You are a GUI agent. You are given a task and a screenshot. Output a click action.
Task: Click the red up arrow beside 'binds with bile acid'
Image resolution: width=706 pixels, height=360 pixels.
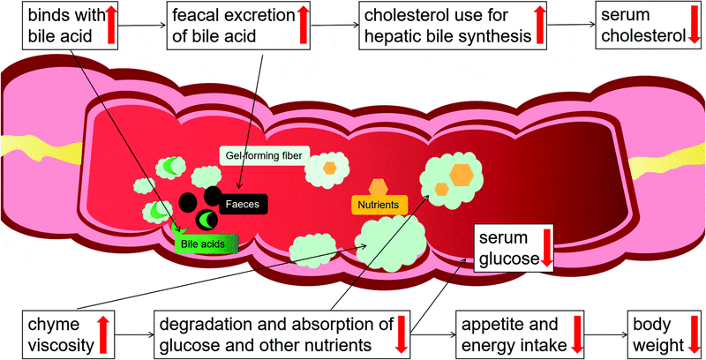pyautogui.click(x=111, y=23)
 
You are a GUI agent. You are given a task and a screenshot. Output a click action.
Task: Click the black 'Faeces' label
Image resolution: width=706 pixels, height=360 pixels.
pyautogui.click(x=242, y=203)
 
